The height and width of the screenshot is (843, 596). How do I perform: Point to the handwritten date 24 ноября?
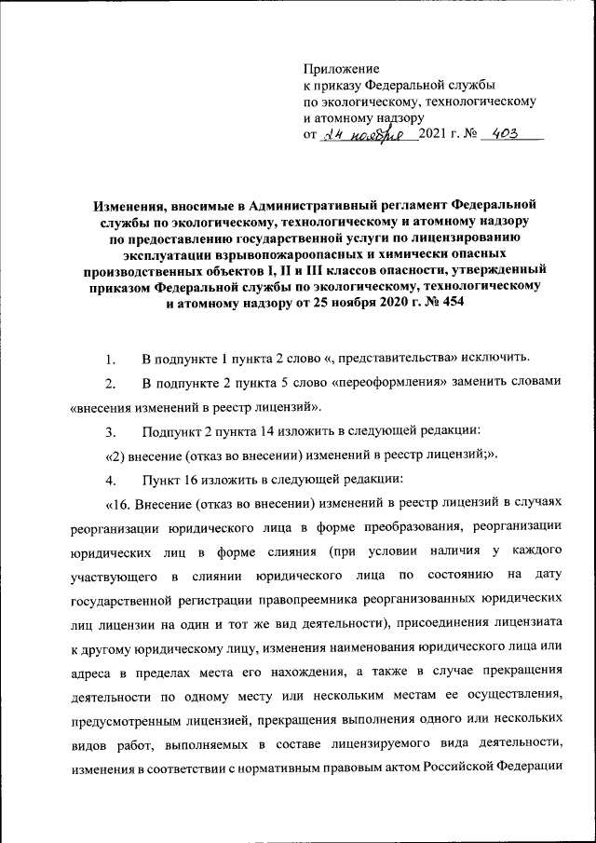pos(365,135)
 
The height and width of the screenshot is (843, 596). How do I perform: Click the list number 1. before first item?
pos(111,358)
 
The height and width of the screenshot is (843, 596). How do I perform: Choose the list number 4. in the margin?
pos(111,480)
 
